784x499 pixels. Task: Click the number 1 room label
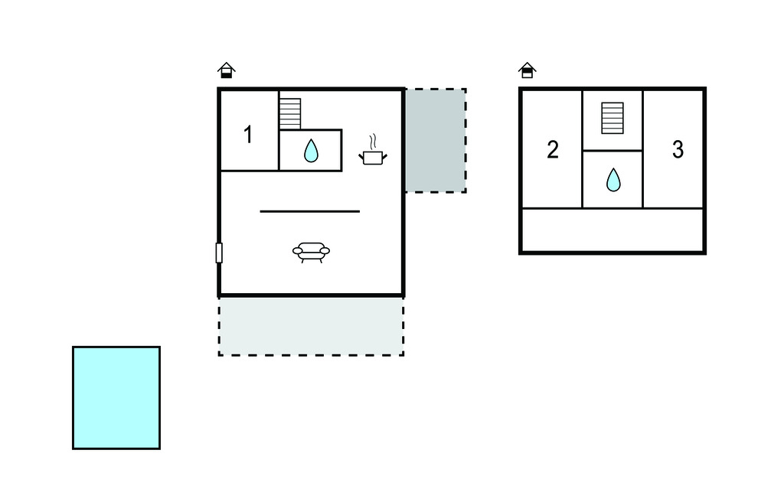248,135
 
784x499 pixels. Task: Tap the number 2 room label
553,150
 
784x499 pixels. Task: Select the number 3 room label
678,150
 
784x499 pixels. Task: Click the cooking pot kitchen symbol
373,157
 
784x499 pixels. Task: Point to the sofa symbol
311,251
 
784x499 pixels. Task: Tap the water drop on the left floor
311,151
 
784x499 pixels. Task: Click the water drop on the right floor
613,180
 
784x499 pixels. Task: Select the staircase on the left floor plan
289,113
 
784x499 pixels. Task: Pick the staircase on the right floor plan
612,118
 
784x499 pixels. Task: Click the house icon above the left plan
226,71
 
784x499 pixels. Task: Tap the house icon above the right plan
527,71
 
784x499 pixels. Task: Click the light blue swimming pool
116,397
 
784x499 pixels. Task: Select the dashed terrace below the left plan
311,326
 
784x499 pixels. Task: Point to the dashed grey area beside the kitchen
435,140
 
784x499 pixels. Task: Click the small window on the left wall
219,253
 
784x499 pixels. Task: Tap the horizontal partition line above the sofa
310,210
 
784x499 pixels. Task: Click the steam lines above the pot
373,142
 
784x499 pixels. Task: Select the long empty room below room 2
612,230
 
